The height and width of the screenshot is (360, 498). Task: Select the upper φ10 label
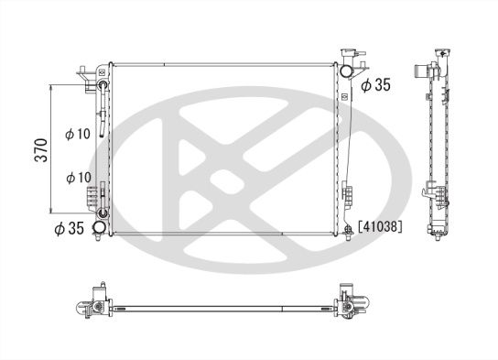(x=79, y=134)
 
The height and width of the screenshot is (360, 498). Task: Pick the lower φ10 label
(x=79, y=176)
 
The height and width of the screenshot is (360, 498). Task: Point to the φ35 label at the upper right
(x=375, y=85)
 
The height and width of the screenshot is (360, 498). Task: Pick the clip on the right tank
(x=348, y=192)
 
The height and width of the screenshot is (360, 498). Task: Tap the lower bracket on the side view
(x=432, y=193)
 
